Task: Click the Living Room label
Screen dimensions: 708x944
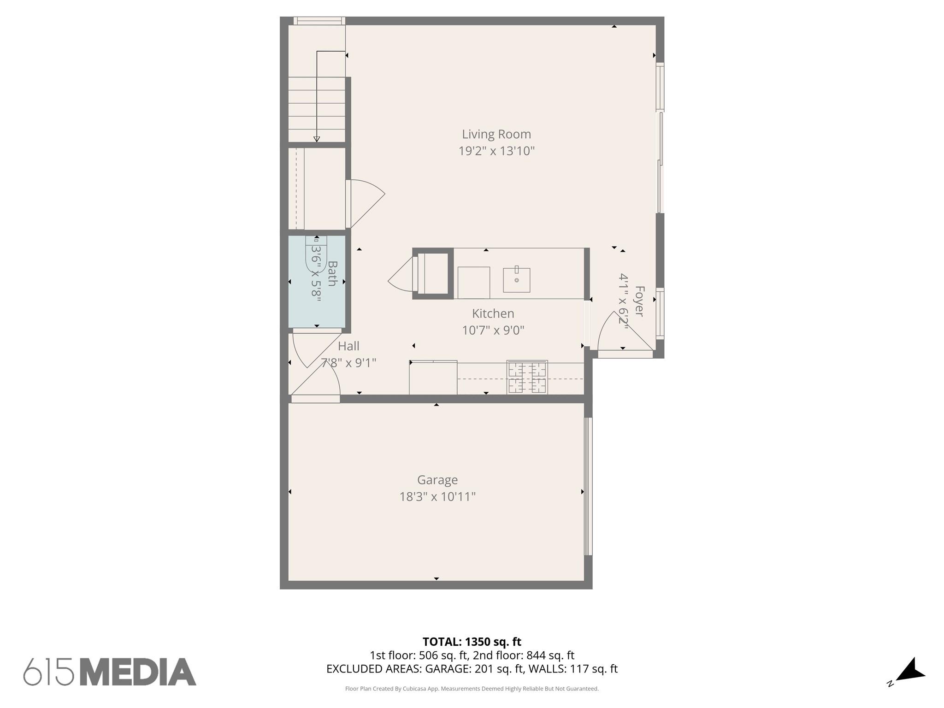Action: [x=496, y=134]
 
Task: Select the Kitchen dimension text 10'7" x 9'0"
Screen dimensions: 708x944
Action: [x=493, y=330]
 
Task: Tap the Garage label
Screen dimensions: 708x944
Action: [x=437, y=480]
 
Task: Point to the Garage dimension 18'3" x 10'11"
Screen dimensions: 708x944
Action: [x=437, y=496]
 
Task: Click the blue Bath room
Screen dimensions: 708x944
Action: [x=317, y=300]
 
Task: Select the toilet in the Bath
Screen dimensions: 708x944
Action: [x=316, y=254]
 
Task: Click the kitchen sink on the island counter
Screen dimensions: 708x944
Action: [x=516, y=280]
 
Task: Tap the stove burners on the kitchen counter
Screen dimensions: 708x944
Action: [x=527, y=377]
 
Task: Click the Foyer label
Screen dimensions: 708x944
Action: [x=639, y=301]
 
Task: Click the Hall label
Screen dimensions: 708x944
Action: [x=348, y=346]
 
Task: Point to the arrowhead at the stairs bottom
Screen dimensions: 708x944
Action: [x=317, y=139]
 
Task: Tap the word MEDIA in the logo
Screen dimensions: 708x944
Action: [x=138, y=672]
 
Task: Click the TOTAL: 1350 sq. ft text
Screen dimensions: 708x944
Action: [x=472, y=642]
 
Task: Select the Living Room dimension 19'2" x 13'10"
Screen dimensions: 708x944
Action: [x=496, y=151]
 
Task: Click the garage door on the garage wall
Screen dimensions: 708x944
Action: [x=588, y=486]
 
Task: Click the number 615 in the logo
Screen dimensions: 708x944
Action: [x=48, y=672]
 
